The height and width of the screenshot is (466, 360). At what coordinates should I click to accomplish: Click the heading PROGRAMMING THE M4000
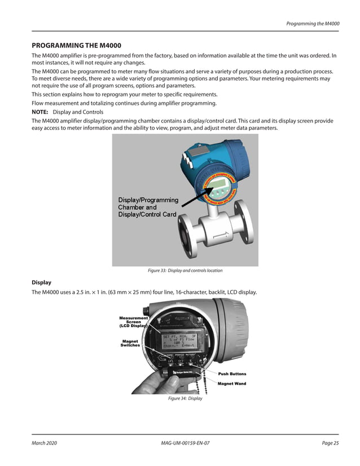(76, 45)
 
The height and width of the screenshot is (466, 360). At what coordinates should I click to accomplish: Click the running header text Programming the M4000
(313, 23)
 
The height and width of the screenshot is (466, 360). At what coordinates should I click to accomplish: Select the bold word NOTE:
(40, 112)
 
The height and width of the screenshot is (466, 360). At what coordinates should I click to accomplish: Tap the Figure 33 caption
(185, 271)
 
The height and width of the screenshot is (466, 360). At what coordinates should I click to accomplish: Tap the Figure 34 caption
(185, 399)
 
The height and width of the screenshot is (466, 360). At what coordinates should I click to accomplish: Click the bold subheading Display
(41, 282)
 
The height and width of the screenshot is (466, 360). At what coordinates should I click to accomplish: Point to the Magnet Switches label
(134, 343)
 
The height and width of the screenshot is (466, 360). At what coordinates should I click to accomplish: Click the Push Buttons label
(232, 373)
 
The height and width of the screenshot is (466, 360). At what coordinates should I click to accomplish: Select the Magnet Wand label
(231, 384)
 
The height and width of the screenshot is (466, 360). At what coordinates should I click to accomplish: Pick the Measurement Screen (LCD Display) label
(133, 322)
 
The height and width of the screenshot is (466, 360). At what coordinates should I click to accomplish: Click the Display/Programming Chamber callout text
(148, 207)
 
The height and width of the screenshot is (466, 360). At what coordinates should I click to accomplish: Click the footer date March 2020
(44, 443)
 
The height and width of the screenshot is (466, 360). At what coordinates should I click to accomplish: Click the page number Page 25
(330, 443)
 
